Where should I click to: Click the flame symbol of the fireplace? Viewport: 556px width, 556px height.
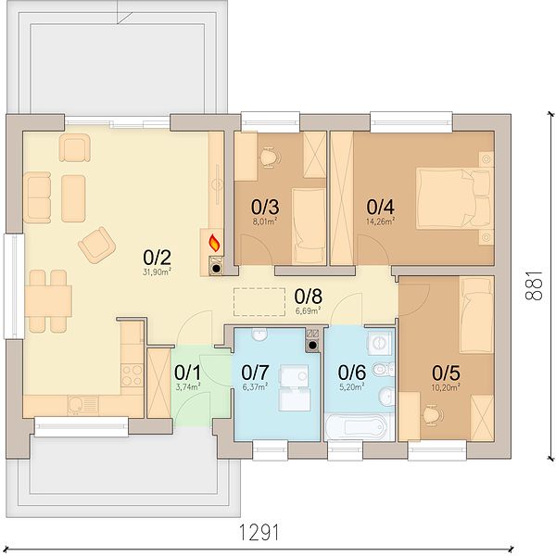click(x=215, y=243)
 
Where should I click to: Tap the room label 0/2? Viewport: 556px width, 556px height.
click(x=158, y=258)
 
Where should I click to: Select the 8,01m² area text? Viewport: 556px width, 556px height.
click(x=267, y=222)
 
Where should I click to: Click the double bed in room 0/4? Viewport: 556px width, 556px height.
click(x=455, y=198)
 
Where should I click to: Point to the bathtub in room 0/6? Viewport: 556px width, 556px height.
click(x=357, y=427)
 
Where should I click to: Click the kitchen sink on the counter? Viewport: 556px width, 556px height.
click(x=82, y=405)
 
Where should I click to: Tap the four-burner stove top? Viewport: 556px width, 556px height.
click(x=132, y=375)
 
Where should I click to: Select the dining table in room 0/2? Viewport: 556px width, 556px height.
click(x=48, y=301)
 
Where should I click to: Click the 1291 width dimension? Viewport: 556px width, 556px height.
click(x=259, y=532)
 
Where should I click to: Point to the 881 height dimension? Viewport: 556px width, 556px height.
click(x=534, y=285)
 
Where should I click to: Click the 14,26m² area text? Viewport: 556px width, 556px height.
click(x=381, y=222)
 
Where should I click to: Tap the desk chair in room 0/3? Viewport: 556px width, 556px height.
click(x=271, y=158)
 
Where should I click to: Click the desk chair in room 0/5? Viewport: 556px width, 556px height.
click(x=433, y=413)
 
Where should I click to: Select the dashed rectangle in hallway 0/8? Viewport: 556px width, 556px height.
click(x=259, y=302)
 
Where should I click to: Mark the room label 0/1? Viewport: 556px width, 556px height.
click(x=187, y=373)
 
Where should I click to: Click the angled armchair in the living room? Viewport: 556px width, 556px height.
click(x=96, y=245)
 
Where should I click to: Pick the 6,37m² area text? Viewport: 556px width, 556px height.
click(x=256, y=387)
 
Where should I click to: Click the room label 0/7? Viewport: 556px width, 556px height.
click(x=255, y=373)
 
